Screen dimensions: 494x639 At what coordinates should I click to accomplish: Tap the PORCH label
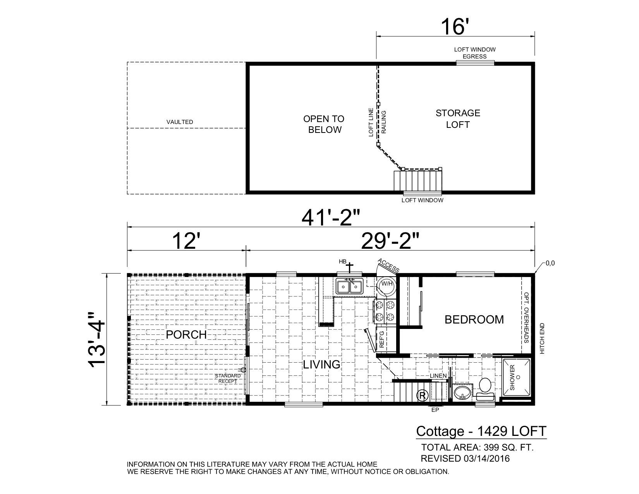[186, 335]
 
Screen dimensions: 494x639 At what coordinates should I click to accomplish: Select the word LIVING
[321, 365]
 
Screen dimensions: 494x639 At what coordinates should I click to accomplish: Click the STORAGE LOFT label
[458, 119]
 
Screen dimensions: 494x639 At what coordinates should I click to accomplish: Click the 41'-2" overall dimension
[331, 219]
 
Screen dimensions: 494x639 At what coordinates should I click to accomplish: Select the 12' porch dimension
[186, 241]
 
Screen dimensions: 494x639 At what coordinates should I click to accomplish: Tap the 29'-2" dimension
[390, 241]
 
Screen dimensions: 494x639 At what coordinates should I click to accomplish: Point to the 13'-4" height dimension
[96, 338]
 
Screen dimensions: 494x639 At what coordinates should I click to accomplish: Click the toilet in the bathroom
[485, 388]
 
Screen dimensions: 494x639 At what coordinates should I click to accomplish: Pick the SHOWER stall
[517, 378]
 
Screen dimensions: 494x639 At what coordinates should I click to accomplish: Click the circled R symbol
[422, 396]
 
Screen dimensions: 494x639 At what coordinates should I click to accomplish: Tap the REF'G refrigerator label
[381, 338]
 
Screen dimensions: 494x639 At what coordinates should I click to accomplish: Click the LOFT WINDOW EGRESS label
[474, 53]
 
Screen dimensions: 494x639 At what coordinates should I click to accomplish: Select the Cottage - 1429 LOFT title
[481, 431]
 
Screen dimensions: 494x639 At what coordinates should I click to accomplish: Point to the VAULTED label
[180, 122]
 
